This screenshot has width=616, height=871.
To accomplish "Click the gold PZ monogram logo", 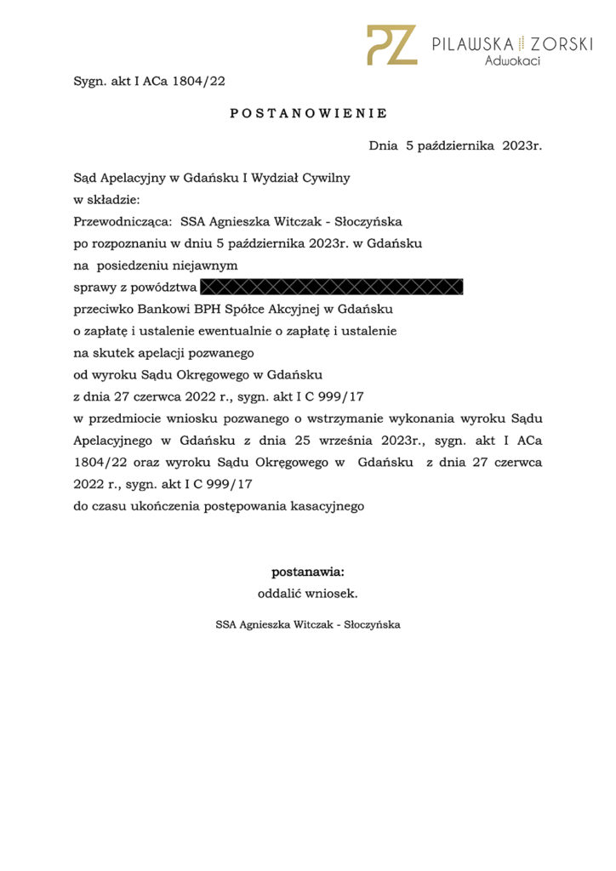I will (391, 45).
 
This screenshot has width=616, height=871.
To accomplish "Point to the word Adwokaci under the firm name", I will (512, 61).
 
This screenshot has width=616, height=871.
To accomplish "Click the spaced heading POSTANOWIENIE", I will (308, 113).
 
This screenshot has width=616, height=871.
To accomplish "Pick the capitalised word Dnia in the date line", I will (383, 146).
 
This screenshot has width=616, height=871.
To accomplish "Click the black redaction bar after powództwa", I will (332, 287).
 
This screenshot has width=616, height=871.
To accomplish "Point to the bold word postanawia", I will (307, 572).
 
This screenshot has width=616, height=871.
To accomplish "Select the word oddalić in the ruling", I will (280, 594).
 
